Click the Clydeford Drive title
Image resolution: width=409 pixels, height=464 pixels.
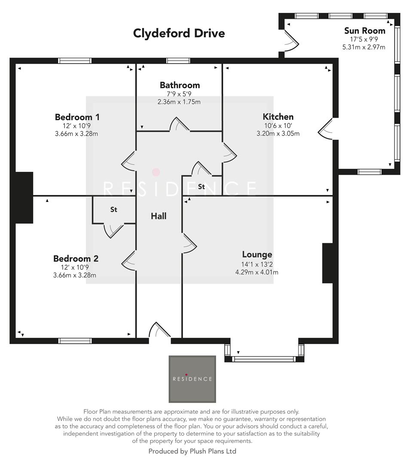[179, 33]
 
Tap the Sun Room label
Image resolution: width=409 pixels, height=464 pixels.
[364, 31]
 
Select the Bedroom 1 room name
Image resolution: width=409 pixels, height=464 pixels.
[77, 117]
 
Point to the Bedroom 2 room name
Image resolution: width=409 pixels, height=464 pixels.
[76, 259]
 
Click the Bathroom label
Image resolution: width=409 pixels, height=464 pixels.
[180, 85]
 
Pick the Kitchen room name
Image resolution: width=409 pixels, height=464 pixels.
[278, 117]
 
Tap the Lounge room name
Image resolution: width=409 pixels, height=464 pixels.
[257, 254]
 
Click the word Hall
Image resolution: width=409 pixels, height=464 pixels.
[159, 216]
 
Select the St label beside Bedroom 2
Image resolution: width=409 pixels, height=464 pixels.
[114, 210]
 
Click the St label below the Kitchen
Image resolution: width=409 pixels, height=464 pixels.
[201, 186]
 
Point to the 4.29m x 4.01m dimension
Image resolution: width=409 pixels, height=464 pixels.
[257, 272]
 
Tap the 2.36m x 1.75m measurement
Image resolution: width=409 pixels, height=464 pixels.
[179, 102]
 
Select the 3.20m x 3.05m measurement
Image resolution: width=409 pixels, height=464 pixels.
[278, 133]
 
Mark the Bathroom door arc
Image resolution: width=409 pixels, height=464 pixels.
[179, 125]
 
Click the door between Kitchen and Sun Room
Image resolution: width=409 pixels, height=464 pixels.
[326, 128]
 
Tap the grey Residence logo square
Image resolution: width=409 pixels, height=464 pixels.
[192, 379]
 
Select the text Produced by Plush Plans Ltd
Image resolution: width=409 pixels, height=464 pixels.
[192, 451]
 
